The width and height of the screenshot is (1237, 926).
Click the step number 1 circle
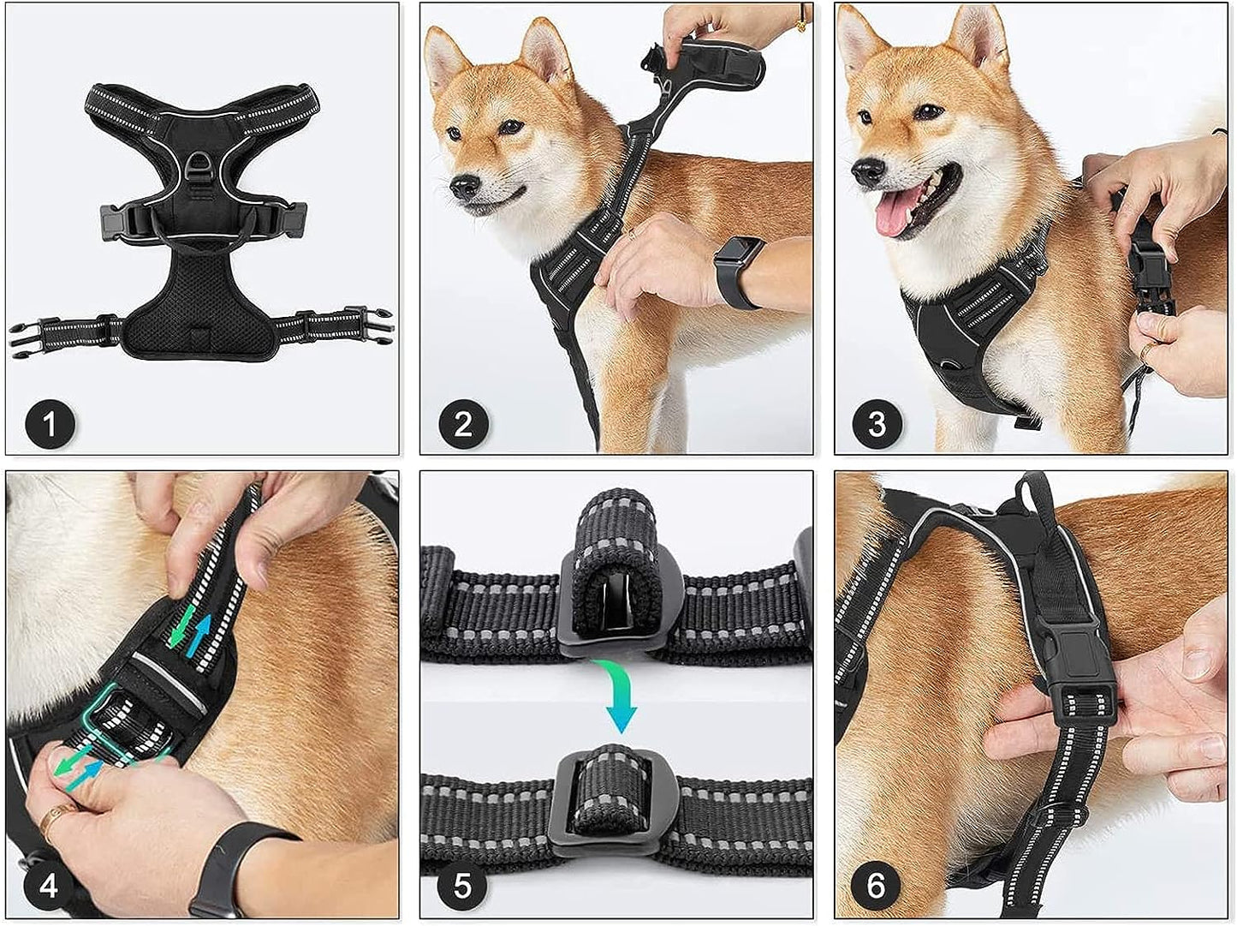coord(50,423)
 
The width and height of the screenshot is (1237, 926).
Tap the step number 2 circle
coord(463,423)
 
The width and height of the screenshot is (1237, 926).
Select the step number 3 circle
coord(877,423)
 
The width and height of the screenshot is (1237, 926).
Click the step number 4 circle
coord(50,885)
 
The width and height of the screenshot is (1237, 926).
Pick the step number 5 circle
coord(463,885)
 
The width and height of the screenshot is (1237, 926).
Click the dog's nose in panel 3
coord(868,171)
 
